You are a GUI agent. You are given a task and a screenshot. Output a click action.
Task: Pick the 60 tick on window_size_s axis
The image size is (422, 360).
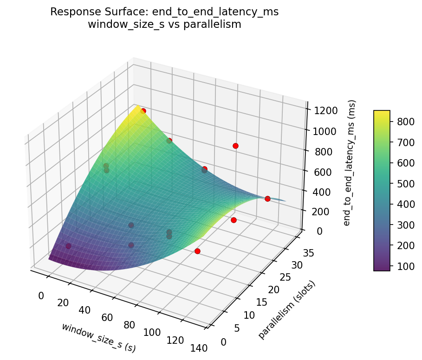(x=108, y=318)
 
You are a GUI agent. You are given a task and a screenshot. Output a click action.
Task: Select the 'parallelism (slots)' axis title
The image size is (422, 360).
(x=287, y=310)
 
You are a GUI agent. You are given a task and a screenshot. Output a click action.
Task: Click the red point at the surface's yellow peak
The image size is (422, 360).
(x=143, y=111)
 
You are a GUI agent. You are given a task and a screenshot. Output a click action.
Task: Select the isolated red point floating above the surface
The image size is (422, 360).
(x=235, y=146)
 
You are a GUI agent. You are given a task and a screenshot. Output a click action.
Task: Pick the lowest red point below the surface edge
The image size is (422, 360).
(x=197, y=251)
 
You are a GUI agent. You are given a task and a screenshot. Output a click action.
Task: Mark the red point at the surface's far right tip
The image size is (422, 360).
(x=267, y=199)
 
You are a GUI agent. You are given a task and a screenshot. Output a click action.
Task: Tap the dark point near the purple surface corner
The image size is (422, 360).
(x=68, y=246)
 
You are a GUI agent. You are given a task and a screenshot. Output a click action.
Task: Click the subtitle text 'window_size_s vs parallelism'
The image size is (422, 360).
(x=164, y=25)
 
